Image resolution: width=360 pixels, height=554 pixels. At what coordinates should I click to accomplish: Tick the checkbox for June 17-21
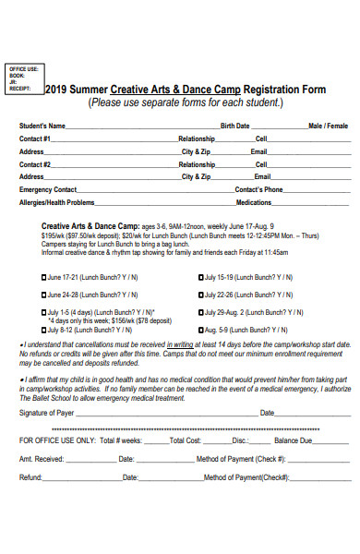(x=43, y=277)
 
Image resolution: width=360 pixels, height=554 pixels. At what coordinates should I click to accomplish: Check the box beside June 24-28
(x=43, y=295)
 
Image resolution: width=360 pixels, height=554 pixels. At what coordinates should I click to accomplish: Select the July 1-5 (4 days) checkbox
(x=43, y=312)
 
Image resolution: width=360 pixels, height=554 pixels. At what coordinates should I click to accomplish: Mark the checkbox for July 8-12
(x=43, y=329)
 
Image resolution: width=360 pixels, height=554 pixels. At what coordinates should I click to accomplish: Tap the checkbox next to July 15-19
(x=200, y=277)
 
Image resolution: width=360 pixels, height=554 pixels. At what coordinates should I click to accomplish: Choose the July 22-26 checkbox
(x=200, y=295)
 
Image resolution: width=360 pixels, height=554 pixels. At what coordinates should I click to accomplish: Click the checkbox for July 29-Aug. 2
(x=200, y=312)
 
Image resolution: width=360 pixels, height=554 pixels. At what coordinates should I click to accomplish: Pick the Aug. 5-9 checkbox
(x=200, y=329)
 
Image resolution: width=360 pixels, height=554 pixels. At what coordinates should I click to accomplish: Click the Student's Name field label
(x=42, y=125)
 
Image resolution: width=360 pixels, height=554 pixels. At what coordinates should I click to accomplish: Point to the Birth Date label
(x=234, y=125)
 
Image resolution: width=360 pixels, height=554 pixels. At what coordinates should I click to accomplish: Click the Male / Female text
(x=328, y=125)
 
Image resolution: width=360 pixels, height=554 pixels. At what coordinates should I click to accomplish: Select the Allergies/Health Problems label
(x=56, y=201)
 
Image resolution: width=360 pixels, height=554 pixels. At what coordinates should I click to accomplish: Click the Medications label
(x=254, y=201)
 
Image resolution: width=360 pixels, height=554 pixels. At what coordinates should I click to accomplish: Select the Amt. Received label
(x=41, y=459)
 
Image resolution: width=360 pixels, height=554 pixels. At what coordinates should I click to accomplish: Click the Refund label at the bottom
(x=31, y=477)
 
